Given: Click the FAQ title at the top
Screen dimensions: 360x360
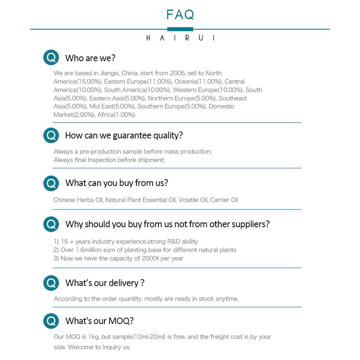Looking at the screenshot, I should [180, 14].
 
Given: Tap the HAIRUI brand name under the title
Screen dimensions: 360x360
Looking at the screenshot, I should [180, 38].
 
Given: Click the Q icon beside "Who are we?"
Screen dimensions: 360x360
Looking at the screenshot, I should [51, 58].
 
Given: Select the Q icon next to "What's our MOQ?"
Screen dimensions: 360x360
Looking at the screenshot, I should [51, 321].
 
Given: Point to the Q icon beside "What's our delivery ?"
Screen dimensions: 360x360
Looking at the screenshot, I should [51, 283].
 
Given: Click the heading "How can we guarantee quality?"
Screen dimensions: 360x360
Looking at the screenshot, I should [124, 135].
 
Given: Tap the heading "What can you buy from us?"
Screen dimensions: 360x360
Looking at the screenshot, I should [117, 183].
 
